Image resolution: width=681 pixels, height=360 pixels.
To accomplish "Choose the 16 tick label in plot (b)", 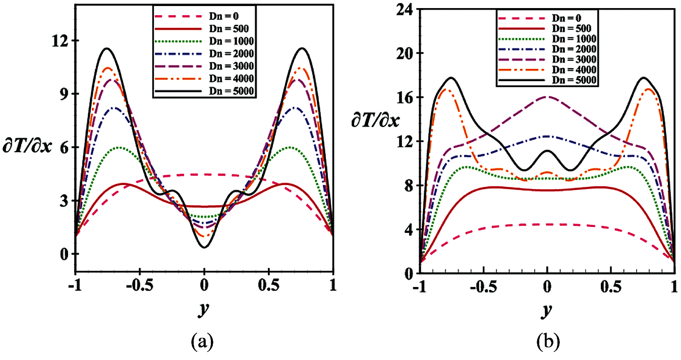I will click(x=403, y=97).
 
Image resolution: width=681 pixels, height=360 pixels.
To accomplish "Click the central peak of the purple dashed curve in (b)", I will click(x=547, y=97).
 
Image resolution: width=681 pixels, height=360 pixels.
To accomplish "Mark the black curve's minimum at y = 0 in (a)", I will click(x=204, y=247).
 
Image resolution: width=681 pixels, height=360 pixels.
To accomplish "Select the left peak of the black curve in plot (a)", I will click(x=107, y=48).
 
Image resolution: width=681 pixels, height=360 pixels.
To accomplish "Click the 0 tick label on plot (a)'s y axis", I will click(x=64, y=255).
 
